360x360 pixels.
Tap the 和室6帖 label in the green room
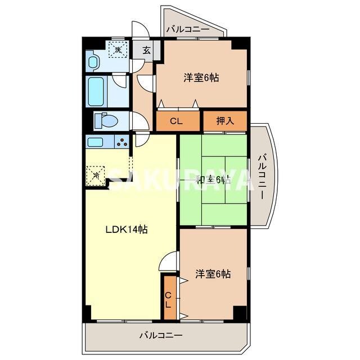[x=212, y=180]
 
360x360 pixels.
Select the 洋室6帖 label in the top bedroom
[x=201, y=78]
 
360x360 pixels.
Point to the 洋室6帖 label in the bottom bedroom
[x=213, y=274]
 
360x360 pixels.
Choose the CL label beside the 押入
[x=177, y=120]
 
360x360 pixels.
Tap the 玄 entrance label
[x=146, y=50]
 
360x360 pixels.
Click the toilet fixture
[x=103, y=121]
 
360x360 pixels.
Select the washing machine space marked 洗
[x=118, y=49]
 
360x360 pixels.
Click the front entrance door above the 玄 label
[x=138, y=30]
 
